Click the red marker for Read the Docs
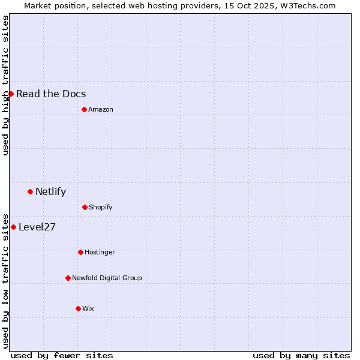point(11,94)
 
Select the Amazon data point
point(84,109)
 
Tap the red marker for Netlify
point(30,191)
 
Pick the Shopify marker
point(85,207)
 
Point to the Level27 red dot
point(13,227)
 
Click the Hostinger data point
point(80,252)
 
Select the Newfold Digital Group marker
point(68,278)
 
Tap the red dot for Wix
point(78,308)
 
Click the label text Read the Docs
point(51,94)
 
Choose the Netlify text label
point(50,192)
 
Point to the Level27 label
point(37,227)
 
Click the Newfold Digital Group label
point(107,278)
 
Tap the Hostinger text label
point(100,252)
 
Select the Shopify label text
point(100,207)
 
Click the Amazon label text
point(100,109)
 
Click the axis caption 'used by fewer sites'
point(62,355)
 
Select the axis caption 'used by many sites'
point(301,355)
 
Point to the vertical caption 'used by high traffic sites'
point(6,85)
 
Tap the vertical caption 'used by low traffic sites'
point(6,280)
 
